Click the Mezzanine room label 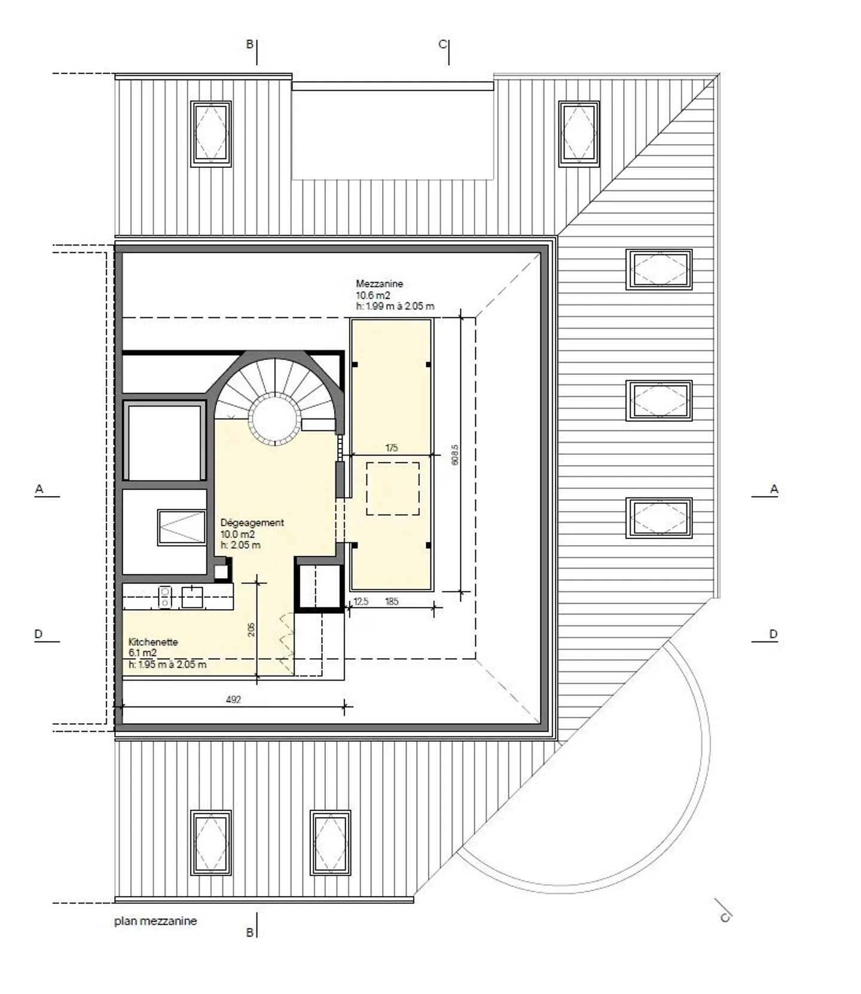[x=379, y=284]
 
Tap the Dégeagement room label [x=252, y=522]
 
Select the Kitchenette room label [x=153, y=642]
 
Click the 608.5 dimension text [x=455, y=455]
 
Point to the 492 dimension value [x=233, y=699]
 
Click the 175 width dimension [x=392, y=448]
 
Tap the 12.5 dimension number [x=361, y=601]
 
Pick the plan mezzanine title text [x=155, y=921]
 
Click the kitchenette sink [x=192, y=597]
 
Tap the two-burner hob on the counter [x=165, y=597]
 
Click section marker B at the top [x=250, y=44]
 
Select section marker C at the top [x=442, y=44]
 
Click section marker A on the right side [x=773, y=489]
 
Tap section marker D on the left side [x=39, y=634]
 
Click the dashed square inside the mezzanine [x=392, y=488]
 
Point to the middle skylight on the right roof [x=659, y=400]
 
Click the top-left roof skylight [x=211, y=134]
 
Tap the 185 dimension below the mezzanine [x=392, y=601]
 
